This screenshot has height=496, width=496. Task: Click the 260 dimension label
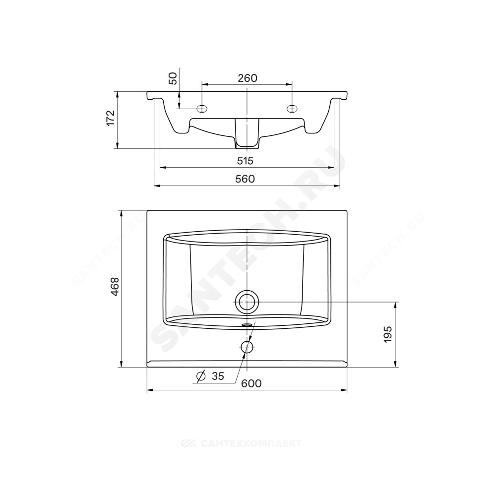click(248, 78)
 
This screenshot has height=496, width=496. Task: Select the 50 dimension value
click(173, 78)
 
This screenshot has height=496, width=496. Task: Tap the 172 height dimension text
click(110, 118)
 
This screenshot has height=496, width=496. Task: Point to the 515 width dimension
click(246, 161)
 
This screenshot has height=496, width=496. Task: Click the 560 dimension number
click(245, 179)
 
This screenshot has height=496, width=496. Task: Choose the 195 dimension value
click(388, 334)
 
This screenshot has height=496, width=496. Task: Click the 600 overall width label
click(251, 383)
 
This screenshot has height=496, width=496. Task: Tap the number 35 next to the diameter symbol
click(218, 376)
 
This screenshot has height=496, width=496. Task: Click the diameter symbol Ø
click(201, 376)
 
